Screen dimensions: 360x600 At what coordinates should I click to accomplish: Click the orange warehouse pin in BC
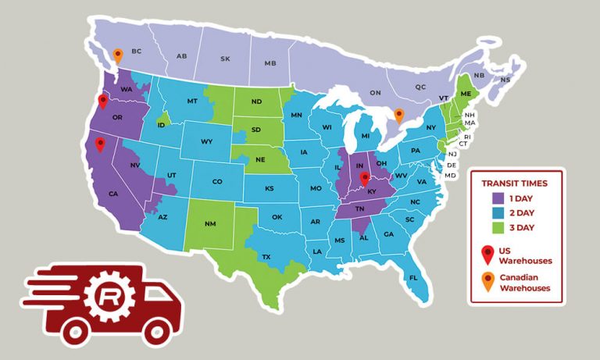[x=117, y=55]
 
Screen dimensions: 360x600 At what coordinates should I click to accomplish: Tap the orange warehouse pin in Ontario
[x=399, y=116]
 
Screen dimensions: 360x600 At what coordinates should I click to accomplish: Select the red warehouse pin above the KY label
[x=364, y=180]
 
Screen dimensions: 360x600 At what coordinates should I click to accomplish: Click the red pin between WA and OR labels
[x=102, y=101]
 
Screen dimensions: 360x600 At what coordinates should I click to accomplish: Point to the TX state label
[x=266, y=257]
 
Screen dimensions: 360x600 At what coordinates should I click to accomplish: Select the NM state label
[x=209, y=224]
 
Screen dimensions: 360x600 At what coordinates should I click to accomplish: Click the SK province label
[x=226, y=59]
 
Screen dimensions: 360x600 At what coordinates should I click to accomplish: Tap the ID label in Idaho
[x=161, y=125]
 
